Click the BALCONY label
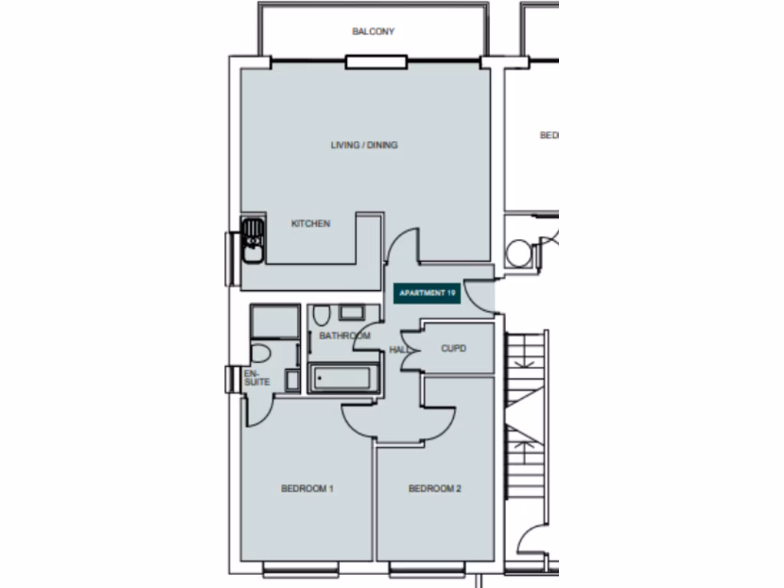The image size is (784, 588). [x=373, y=31]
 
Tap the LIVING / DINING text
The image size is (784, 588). [x=364, y=145]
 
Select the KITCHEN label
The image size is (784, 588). [x=311, y=224]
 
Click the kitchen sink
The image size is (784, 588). [x=252, y=240]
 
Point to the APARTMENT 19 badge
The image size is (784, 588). [x=427, y=293]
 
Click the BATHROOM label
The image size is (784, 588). [x=345, y=335]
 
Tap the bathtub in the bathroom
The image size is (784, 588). [x=344, y=377]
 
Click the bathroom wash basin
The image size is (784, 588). [x=352, y=312]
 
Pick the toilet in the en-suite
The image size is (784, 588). [x=260, y=353]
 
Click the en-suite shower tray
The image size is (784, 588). [x=274, y=321]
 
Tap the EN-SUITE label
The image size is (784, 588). [x=256, y=377]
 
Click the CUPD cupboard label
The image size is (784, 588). [x=453, y=348]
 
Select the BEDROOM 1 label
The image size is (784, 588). [x=307, y=488]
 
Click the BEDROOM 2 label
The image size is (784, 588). [x=434, y=488]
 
